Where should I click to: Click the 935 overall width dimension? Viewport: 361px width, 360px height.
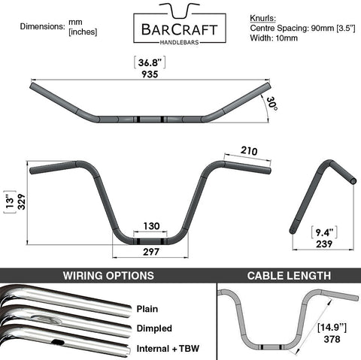point(150,74)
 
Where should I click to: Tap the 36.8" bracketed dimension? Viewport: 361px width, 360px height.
point(150,62)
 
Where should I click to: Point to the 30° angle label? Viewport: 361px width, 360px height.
point(272,104)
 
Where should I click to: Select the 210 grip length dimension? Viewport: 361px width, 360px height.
point(249,151)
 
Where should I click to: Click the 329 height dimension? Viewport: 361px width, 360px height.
point(22,201)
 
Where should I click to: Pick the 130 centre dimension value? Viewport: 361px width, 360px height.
point(151,226)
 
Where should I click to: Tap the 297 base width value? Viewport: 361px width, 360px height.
point(151,252)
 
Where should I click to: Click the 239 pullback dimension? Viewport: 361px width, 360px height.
point(324,244)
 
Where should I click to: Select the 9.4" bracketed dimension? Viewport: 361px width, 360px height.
point(324,233)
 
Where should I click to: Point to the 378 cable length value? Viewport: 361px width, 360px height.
point(332,339)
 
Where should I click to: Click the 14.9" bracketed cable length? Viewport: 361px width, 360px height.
point(332,328)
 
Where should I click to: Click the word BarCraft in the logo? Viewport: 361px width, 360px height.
point(180,30)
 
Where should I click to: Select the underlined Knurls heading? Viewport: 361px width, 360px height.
point(262,18)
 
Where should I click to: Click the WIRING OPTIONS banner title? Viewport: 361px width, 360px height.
point(108,276)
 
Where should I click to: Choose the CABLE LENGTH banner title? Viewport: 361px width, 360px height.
point(289,276)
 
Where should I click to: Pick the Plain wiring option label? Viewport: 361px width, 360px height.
point(147,309)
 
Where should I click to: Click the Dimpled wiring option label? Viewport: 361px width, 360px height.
point(154,328)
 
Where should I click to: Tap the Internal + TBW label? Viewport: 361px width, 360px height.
point(168,349)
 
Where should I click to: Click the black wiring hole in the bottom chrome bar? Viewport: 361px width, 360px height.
point(58,342)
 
